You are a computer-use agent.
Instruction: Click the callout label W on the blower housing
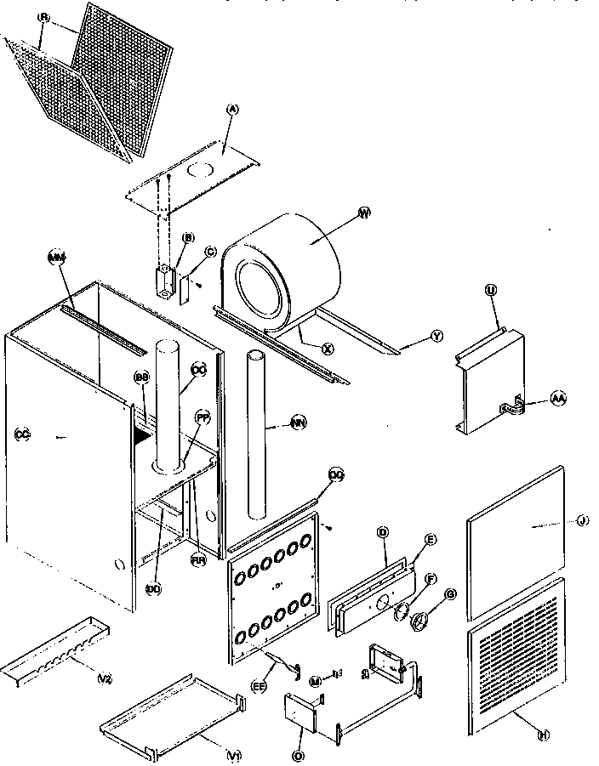click(x=364, y=213)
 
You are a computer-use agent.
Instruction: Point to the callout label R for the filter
click(x=45, y=18)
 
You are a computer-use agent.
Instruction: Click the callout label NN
click(x=298, y=421)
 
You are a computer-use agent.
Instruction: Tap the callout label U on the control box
click(x=491, y=291)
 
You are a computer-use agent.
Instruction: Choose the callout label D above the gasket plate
click(x=383, y=533)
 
